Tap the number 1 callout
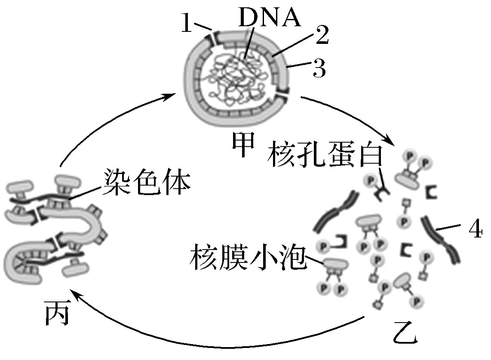[x=186, y=24]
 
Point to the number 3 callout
[x=319, y=68]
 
